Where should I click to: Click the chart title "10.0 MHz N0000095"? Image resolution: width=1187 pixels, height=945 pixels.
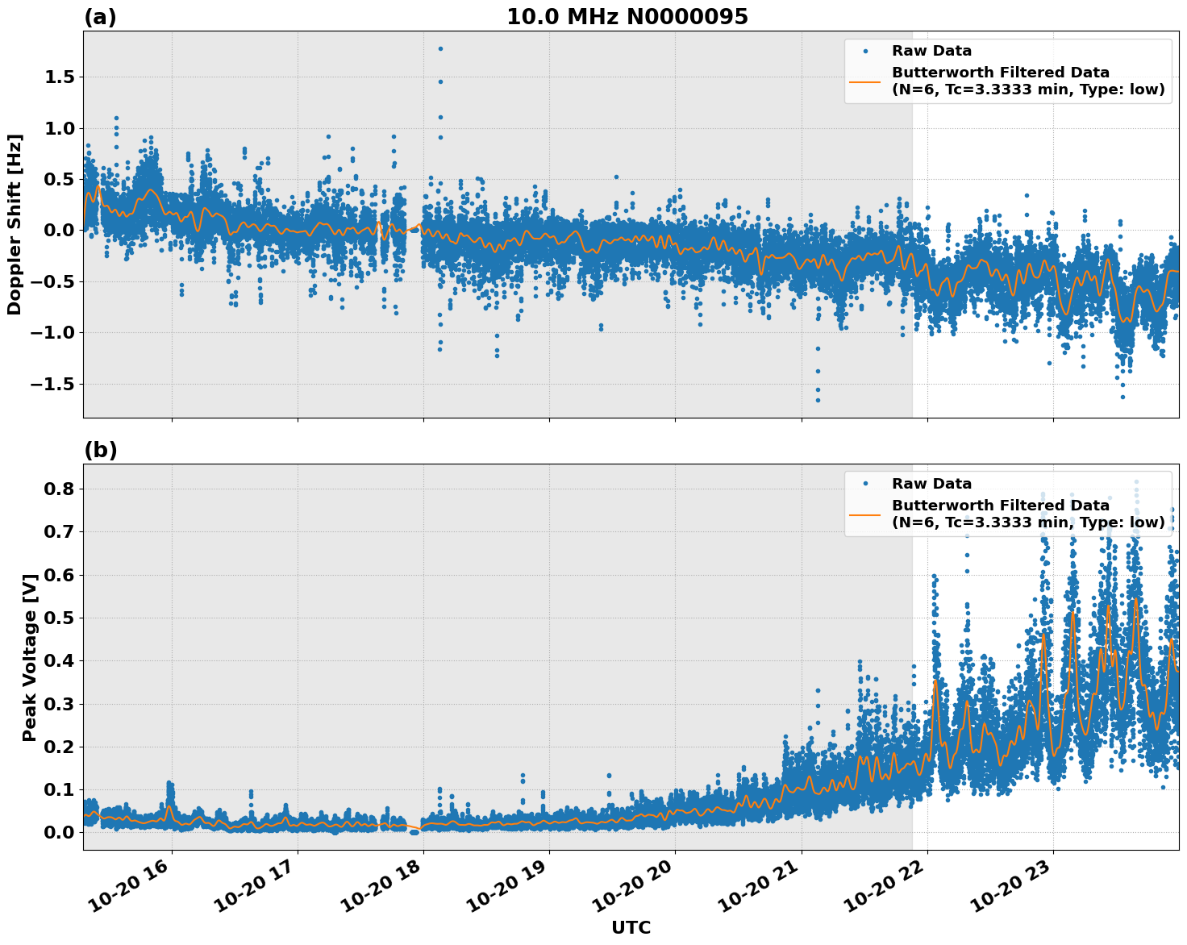627,17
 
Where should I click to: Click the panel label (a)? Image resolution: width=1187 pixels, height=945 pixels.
100,17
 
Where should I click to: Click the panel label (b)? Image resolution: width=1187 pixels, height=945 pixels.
100,450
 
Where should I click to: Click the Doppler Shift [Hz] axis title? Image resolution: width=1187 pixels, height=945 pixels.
15,224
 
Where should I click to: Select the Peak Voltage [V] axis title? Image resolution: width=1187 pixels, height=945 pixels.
30,657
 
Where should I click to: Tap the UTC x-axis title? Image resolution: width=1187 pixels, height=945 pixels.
631,927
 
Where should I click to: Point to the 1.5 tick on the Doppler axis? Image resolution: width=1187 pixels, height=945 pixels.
55,77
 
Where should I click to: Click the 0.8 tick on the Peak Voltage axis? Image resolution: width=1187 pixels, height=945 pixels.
59,489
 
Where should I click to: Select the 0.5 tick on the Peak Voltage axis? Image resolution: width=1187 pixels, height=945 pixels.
59,618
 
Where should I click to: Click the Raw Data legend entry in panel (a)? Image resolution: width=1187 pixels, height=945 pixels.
931,52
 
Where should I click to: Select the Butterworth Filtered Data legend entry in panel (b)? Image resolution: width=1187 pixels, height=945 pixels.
1028,514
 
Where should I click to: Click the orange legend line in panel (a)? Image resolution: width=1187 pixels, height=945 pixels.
865,81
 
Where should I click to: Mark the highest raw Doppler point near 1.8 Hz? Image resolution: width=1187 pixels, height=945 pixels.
440,48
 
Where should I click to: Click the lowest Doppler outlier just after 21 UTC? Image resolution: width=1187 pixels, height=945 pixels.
818,400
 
